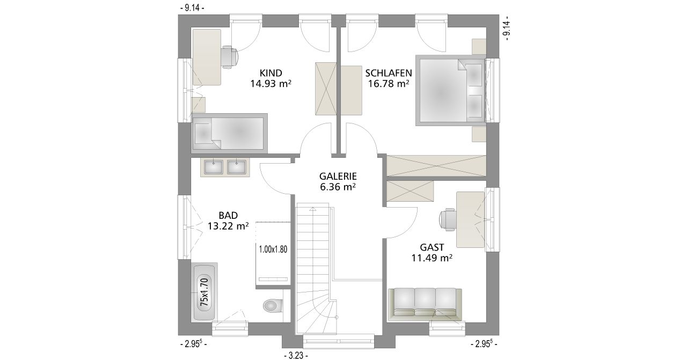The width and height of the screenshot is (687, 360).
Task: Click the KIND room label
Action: coord(271,73)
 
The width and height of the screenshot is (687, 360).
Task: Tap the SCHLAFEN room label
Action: coord(388,73)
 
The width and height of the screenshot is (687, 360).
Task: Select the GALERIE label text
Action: coord(338,177)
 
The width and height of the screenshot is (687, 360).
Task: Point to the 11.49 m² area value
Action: coord(432,258)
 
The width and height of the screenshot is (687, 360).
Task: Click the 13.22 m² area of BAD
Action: coord(228,226)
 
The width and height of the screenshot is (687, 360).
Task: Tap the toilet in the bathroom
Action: coord(272,305)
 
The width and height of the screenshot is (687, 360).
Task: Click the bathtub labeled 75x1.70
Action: coord(204,292)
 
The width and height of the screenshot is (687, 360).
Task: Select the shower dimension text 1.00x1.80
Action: coord(273,249)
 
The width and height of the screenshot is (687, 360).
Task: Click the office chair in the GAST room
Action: coord(447,219)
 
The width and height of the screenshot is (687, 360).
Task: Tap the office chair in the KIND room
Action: coord(229,57)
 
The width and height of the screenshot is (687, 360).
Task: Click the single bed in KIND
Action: coord(229,134)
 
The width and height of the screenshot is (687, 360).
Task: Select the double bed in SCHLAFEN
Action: coord(450,90)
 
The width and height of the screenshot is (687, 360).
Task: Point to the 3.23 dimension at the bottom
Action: coord(296,356)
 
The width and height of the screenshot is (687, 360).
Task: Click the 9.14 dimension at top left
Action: coord(192,8)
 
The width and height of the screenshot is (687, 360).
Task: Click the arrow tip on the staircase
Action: coord(312,208)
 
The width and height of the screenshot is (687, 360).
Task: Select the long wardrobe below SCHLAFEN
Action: coord(436,166)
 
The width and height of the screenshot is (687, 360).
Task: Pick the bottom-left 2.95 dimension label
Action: coord(193,344)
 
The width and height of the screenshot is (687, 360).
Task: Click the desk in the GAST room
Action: coord(471,219)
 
